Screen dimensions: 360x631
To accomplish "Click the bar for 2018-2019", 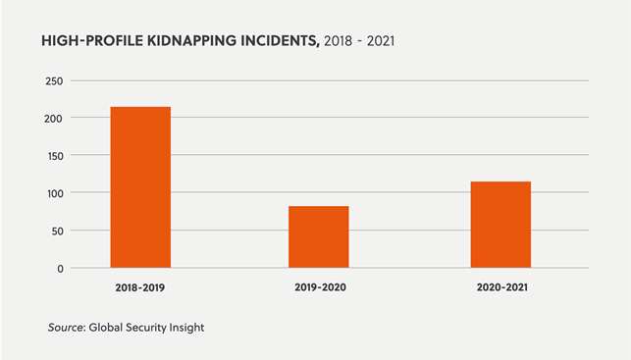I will pyautogui.click(x=140, y=186).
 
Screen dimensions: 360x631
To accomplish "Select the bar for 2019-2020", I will pyautogui.click(x=318, y=236).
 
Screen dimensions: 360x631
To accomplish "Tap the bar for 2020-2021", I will pyautogui.click(x=500, y=224).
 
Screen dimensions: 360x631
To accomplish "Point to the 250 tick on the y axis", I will pyautogui.click(x=55, y=80).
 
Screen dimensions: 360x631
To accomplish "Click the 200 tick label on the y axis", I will pyautogui.click(x=55, y=118).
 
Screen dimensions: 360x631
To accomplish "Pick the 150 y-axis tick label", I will pyautogui.click(x=55, y=156).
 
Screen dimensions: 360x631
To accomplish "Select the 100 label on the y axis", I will pyautogui.click(x=55, y=193).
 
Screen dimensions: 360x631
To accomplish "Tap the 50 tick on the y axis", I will pyautogui.click(x=58, y=231).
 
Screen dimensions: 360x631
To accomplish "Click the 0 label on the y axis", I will pyautogui.click(x=61, y=268).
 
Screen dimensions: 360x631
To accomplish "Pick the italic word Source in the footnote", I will pyautogui.click(x=65, y=326).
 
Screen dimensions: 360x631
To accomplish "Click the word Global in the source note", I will pyautogui.click(x=106, y=326).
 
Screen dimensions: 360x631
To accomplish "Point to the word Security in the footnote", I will pyautogui.click(x=150, y=326).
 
